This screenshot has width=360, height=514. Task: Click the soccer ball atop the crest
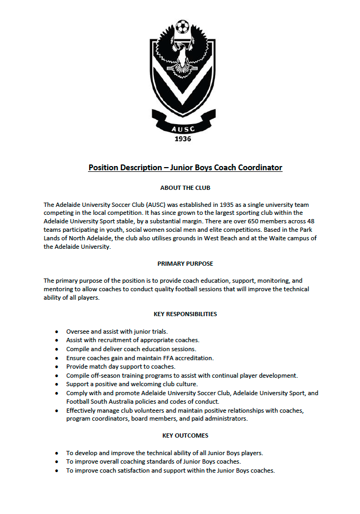click(182, 26)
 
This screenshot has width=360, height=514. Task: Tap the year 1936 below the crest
click(182, 139)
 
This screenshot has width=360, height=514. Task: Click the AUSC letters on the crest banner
click(182, 128)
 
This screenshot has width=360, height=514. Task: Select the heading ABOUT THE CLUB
click(181, 188)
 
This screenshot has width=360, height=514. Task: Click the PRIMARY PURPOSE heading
click(181, 263)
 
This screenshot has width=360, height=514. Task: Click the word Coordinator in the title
click(259, 168)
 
